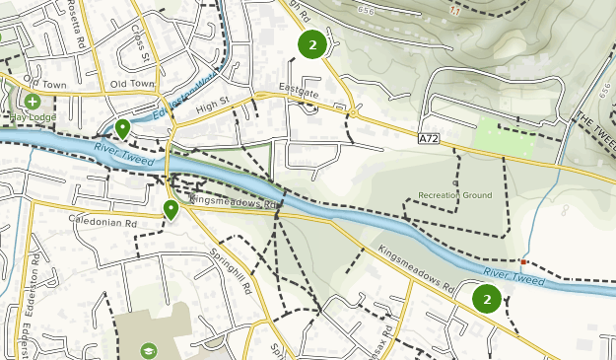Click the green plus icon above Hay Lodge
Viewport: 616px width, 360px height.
tap(33, 101)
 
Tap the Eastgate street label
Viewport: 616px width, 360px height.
tap(301, 91)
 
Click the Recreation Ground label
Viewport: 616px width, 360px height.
tap(454, 195)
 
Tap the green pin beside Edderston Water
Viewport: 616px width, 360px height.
tap(123, 128)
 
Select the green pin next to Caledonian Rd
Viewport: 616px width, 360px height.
tap(171, 208)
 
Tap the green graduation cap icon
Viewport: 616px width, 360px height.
tap(148, 349)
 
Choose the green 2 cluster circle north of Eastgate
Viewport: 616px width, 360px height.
tap(312, 44)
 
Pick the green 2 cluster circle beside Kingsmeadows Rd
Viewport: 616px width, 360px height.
tap(487, 299)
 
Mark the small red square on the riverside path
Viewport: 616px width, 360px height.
tap(523, 262)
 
